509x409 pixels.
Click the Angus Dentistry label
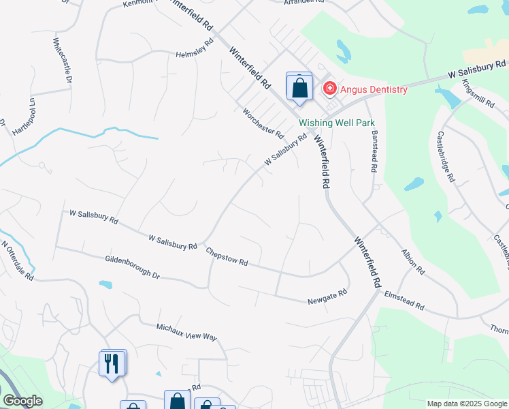tap(374, 89)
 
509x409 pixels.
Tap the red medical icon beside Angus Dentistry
tap(329, 88)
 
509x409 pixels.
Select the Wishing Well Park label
tap(337, 123)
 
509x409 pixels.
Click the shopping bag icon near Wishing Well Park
tap(299, 88)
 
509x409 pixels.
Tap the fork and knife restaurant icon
tap(113, 363)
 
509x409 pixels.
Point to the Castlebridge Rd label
tap(446, 157)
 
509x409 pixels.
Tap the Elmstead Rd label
tap(404, 301)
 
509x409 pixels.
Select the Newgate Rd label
tap(327, 296)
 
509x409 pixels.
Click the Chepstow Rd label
tap(227, 257)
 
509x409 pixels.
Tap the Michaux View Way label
tap(186, 332)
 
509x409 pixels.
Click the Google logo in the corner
tap(22, 401)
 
